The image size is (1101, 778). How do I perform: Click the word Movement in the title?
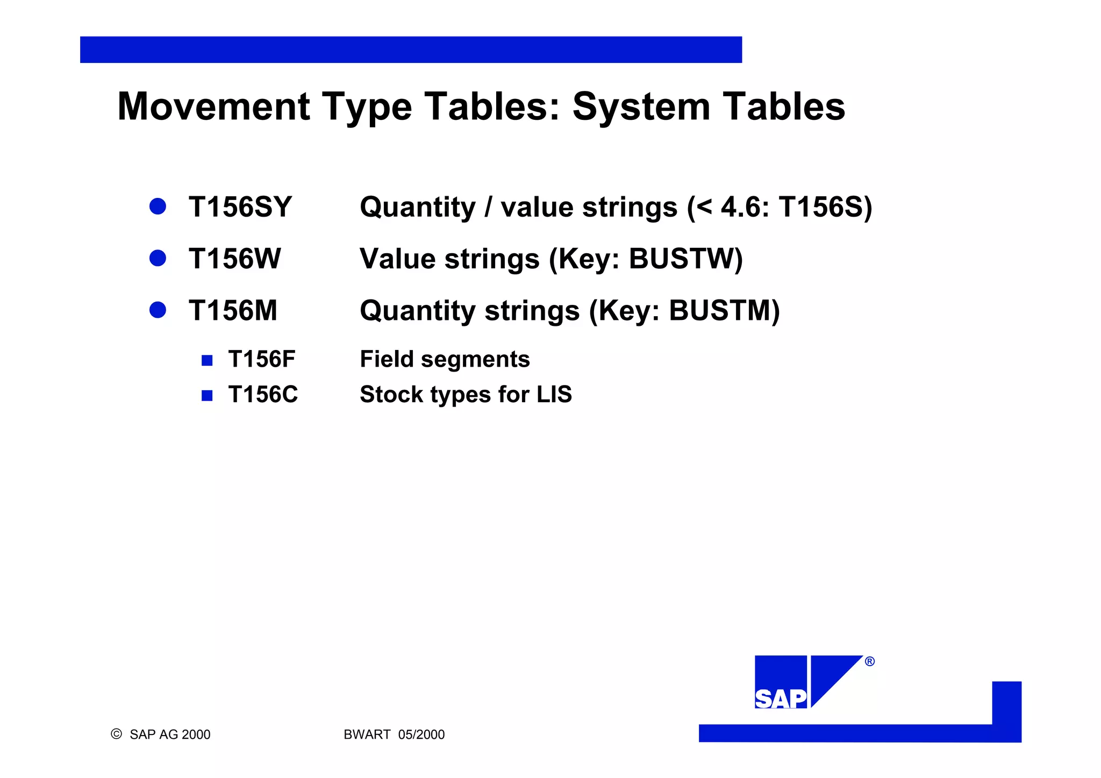(x=213, y=106)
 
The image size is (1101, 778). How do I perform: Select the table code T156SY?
(x=240, y=207)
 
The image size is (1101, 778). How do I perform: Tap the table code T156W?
(x=234, y=259)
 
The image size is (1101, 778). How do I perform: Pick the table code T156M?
(x=233, y=310)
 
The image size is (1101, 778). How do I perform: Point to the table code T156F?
(x=261, y=359)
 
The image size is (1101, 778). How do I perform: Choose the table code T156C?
(x=262, y=394)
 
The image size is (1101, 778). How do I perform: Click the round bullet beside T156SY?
(x=158, y=206)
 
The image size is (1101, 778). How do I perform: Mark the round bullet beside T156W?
(x=158, y=258)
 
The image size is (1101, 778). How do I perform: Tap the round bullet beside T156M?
(x=158, y=310)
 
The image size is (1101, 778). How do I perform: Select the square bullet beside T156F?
(x=207, y=360)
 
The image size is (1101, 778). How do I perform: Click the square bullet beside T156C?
(x=207, y=396)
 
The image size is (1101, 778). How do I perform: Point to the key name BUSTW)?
(x=685, y=259)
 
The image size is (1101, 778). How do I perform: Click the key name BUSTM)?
(x=724, y=310)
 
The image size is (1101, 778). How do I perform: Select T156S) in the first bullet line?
(x=825, y=207)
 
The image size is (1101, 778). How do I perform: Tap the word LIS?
(x=554, y=394)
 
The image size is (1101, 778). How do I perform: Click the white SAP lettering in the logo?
(x=781, y=699)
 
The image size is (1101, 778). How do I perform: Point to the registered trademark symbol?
(x=870, y=661)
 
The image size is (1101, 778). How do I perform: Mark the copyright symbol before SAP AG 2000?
(x=116, y=734)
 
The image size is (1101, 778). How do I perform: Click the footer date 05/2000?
(x=421, y=734)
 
